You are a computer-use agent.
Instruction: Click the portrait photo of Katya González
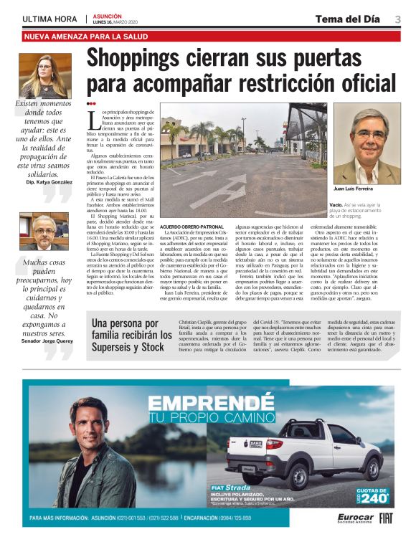click(44, 75)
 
